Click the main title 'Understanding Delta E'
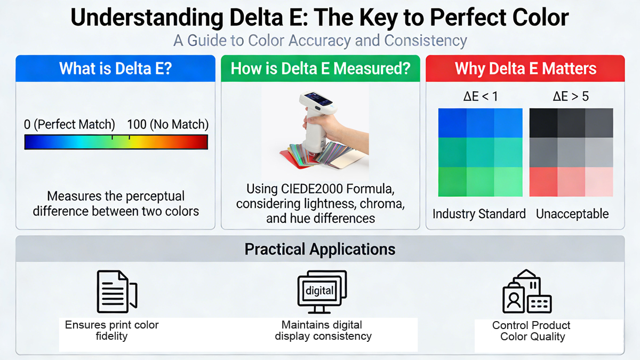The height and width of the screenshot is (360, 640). click(x=319, y=18)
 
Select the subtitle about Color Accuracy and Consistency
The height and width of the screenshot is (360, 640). click(x=319, y=41)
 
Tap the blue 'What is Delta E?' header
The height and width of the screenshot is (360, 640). click(x=115, y=69)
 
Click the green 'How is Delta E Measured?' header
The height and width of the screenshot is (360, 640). click(x=320, y=69)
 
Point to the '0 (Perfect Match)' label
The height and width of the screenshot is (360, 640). click(x=69, y=125)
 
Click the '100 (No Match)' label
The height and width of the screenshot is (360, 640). click(x=167, y=125)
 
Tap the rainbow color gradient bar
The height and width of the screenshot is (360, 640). click(x=116, y=142)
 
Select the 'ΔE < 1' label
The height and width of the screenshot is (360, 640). click(x=480, y=97)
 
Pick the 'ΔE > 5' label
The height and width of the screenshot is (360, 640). click(x=571, y=97)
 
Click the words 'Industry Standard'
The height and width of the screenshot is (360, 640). click(x=479, y=214)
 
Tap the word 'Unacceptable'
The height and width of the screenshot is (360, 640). click(x=572, y=214)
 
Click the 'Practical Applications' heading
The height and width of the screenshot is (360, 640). click(x=320, y=249)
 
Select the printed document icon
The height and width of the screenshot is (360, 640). click(x=116, y=291)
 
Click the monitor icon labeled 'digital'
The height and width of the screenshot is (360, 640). click(x=321, y=291)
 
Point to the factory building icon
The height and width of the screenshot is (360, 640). click(x=526, y=291)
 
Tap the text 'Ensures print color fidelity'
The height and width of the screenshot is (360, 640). click(x=111, y=330)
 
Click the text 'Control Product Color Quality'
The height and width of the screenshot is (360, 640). click(x=532, y=331)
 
